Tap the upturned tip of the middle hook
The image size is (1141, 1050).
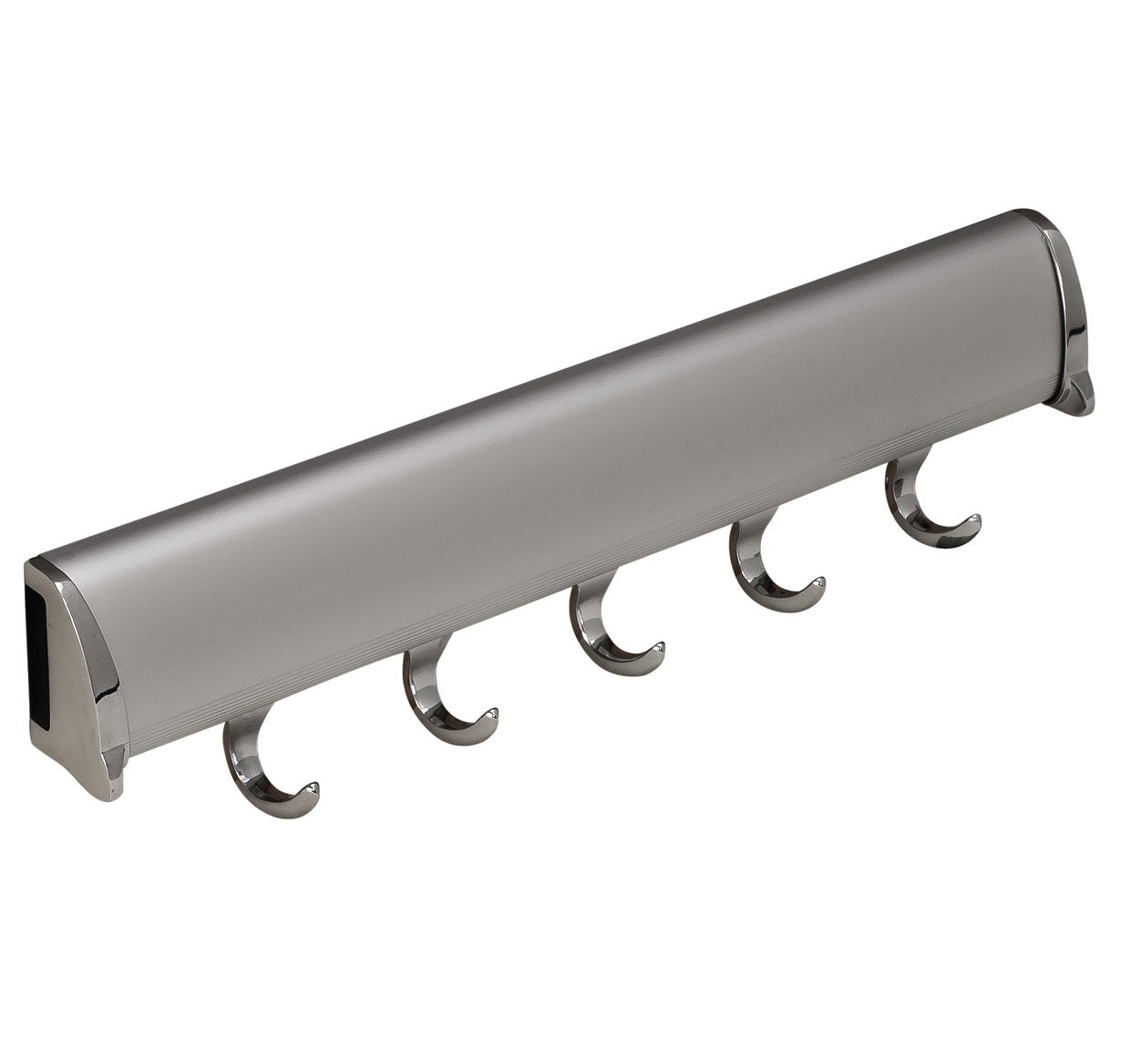coord(657,648)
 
